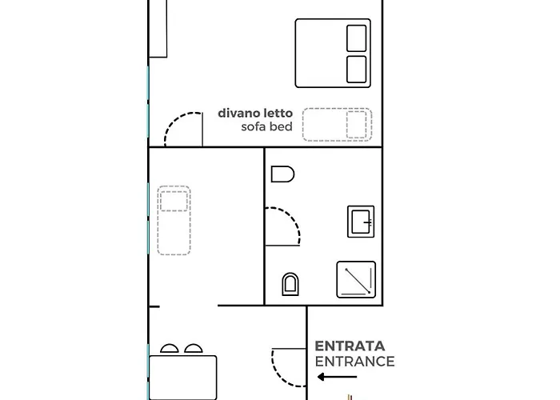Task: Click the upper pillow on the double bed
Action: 356,38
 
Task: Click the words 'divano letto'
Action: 250,114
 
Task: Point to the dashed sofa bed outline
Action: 337,125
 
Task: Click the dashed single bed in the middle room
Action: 174,220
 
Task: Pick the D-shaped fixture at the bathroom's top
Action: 283,174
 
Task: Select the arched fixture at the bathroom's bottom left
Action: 291,283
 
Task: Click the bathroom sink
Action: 361,222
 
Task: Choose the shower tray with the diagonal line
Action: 356,281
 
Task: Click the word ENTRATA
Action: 350,346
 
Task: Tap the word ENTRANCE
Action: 354,361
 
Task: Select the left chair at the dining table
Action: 169,349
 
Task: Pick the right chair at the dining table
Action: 194,349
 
